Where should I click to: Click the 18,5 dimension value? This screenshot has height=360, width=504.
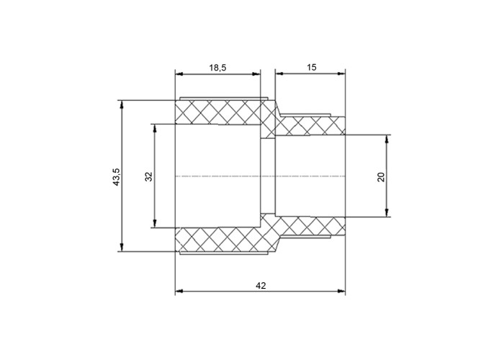point(217,68)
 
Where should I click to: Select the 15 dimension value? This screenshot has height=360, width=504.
point(312,68)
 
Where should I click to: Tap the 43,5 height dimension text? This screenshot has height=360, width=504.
point(116,177)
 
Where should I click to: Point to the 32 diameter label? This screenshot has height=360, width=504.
point(148,177)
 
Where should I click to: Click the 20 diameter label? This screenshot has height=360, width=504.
point(381,177)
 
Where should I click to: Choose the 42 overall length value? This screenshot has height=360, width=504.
point(261,285)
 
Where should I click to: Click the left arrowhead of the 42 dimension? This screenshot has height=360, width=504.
point(179,291)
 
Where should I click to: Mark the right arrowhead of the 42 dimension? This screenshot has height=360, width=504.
point(341,291)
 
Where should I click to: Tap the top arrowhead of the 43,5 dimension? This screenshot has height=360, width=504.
point(122,104)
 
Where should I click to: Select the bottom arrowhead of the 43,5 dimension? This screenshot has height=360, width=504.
point(122,248)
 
